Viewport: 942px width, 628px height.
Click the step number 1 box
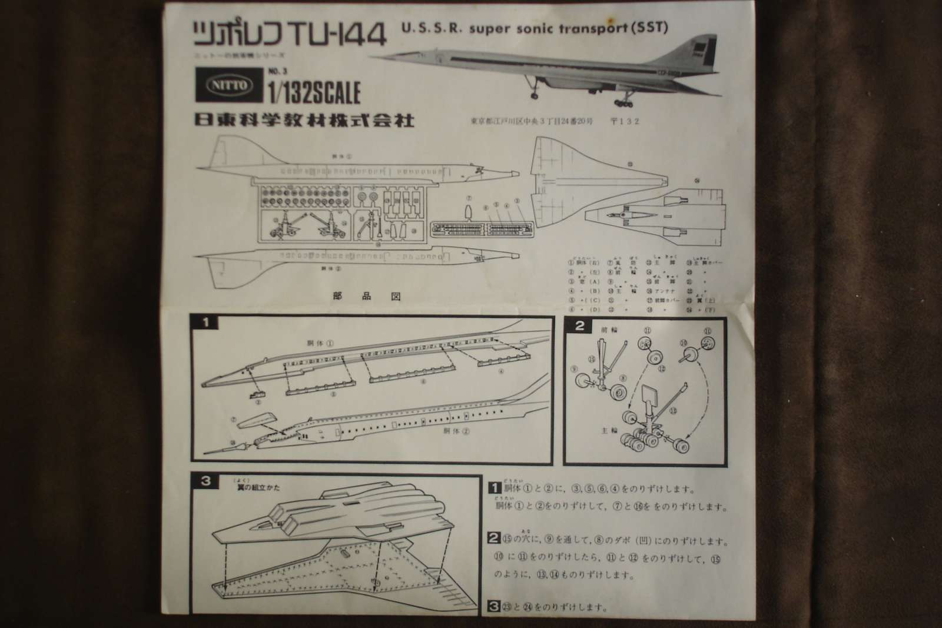[x=205, y=323]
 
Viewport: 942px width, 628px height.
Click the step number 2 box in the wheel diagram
[x=579, y=325]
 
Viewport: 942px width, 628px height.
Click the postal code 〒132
[x=626, y=122]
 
